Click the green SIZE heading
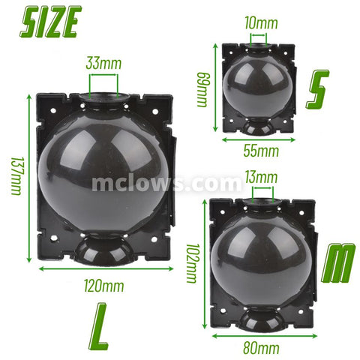51,22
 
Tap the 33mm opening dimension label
103,63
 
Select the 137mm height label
17,176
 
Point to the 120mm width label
103,286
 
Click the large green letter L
98,327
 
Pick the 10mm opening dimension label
261,23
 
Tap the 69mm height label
202,89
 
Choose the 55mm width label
261,151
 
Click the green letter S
317,89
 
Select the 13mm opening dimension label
261,177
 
